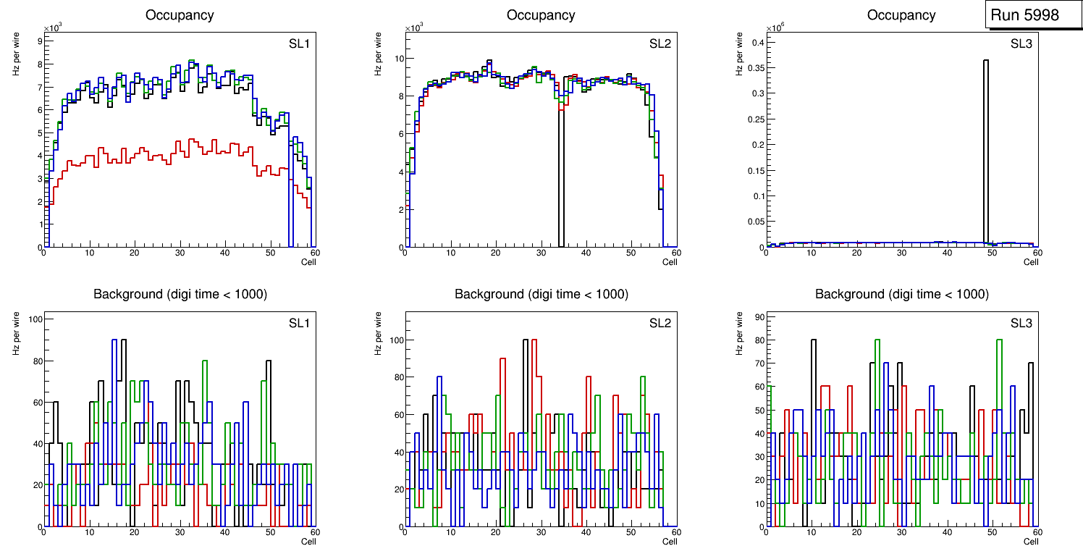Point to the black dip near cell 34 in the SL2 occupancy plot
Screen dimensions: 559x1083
point(561,181)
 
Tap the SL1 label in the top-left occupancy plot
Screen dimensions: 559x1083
point(298,44)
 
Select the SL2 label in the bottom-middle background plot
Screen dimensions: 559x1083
point(660,323)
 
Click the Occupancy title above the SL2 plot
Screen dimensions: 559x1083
point(541,15)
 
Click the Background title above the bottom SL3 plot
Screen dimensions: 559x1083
point(901,294)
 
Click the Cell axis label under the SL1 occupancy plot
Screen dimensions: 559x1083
point(308,261)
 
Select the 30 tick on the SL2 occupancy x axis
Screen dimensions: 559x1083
point(541,253)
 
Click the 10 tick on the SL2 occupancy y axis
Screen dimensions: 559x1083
point(396,59)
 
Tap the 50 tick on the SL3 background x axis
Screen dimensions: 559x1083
point(992,532)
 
